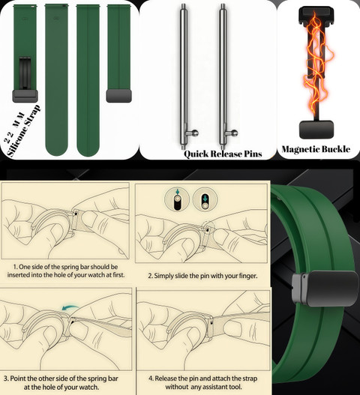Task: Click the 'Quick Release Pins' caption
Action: (x=223, y=154)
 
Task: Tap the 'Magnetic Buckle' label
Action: (x=316, y=149)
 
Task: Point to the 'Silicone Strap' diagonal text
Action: (x=23, y=131)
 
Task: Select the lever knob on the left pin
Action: (x=195, y=133)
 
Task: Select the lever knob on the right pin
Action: (x=234, y=133)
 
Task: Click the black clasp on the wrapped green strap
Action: (x=325, y=289)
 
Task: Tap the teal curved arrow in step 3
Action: (x=70, y=307)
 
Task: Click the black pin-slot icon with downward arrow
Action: (x=205, y=199)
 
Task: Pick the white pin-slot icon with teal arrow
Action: (x=177, y=199)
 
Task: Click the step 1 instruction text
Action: (x=66, y=271)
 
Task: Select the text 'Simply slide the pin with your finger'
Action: (x=205, y=276)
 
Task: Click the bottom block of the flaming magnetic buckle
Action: (x=316, y=129)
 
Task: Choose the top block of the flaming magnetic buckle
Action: (x=316, y=16)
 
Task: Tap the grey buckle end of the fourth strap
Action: (x=118, y=96)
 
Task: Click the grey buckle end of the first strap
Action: (x=25, y=96)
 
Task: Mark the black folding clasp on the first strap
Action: (x=25, y=73)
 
